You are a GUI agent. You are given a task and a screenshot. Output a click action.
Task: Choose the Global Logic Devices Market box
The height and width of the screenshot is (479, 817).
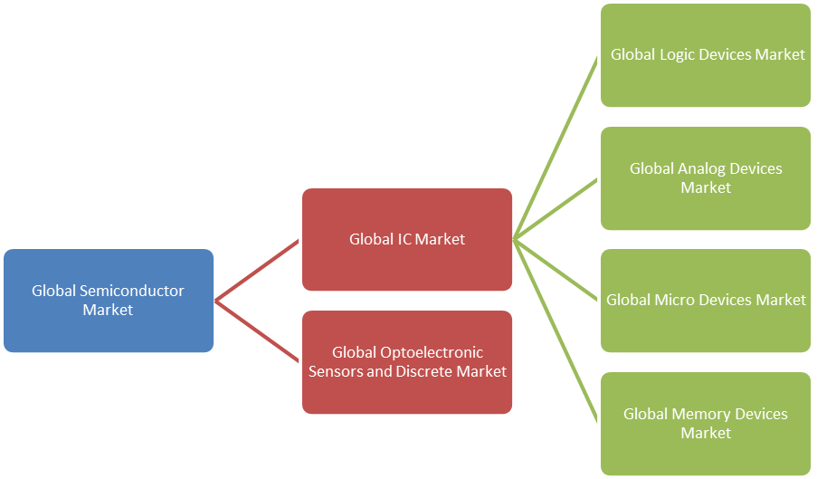(707, 81)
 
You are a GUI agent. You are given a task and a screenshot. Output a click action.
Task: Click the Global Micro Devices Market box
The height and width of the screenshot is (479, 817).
(707, 326)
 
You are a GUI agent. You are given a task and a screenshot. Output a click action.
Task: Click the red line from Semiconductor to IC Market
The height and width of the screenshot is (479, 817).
(258, 270)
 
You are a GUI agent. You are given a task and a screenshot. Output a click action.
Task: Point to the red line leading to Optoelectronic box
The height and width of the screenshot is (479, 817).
(258, 331)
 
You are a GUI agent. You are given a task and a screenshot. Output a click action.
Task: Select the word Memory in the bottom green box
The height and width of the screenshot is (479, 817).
(703, 414)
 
